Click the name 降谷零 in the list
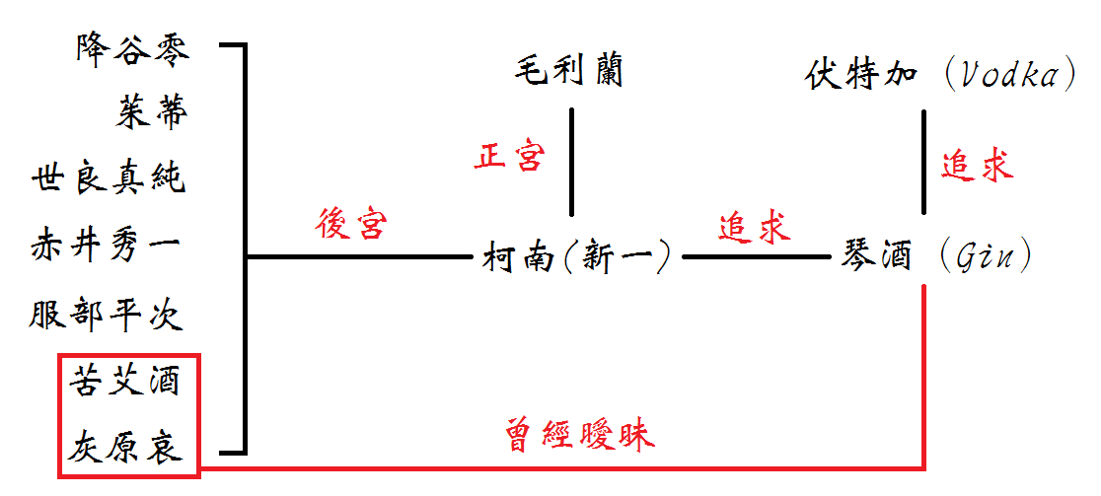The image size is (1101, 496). pos(132,48)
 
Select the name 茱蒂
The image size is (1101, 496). pos(151,113)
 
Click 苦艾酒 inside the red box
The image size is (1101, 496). pos(125,381)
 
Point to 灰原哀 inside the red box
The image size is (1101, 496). pos(125,449)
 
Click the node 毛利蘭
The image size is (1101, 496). pos(569,72)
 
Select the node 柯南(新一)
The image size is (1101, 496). pos(577,258)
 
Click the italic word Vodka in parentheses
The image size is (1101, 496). pos(1009,75)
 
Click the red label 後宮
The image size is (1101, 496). pos(353,225)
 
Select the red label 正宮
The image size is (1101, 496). pos(509,157)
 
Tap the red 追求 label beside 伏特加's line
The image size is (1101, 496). pos(977,165)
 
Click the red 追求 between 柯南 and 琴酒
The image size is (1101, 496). pos(755,227)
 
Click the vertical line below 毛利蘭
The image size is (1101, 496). pos(572,163)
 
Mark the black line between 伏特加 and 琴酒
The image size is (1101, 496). pos(923,163)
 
